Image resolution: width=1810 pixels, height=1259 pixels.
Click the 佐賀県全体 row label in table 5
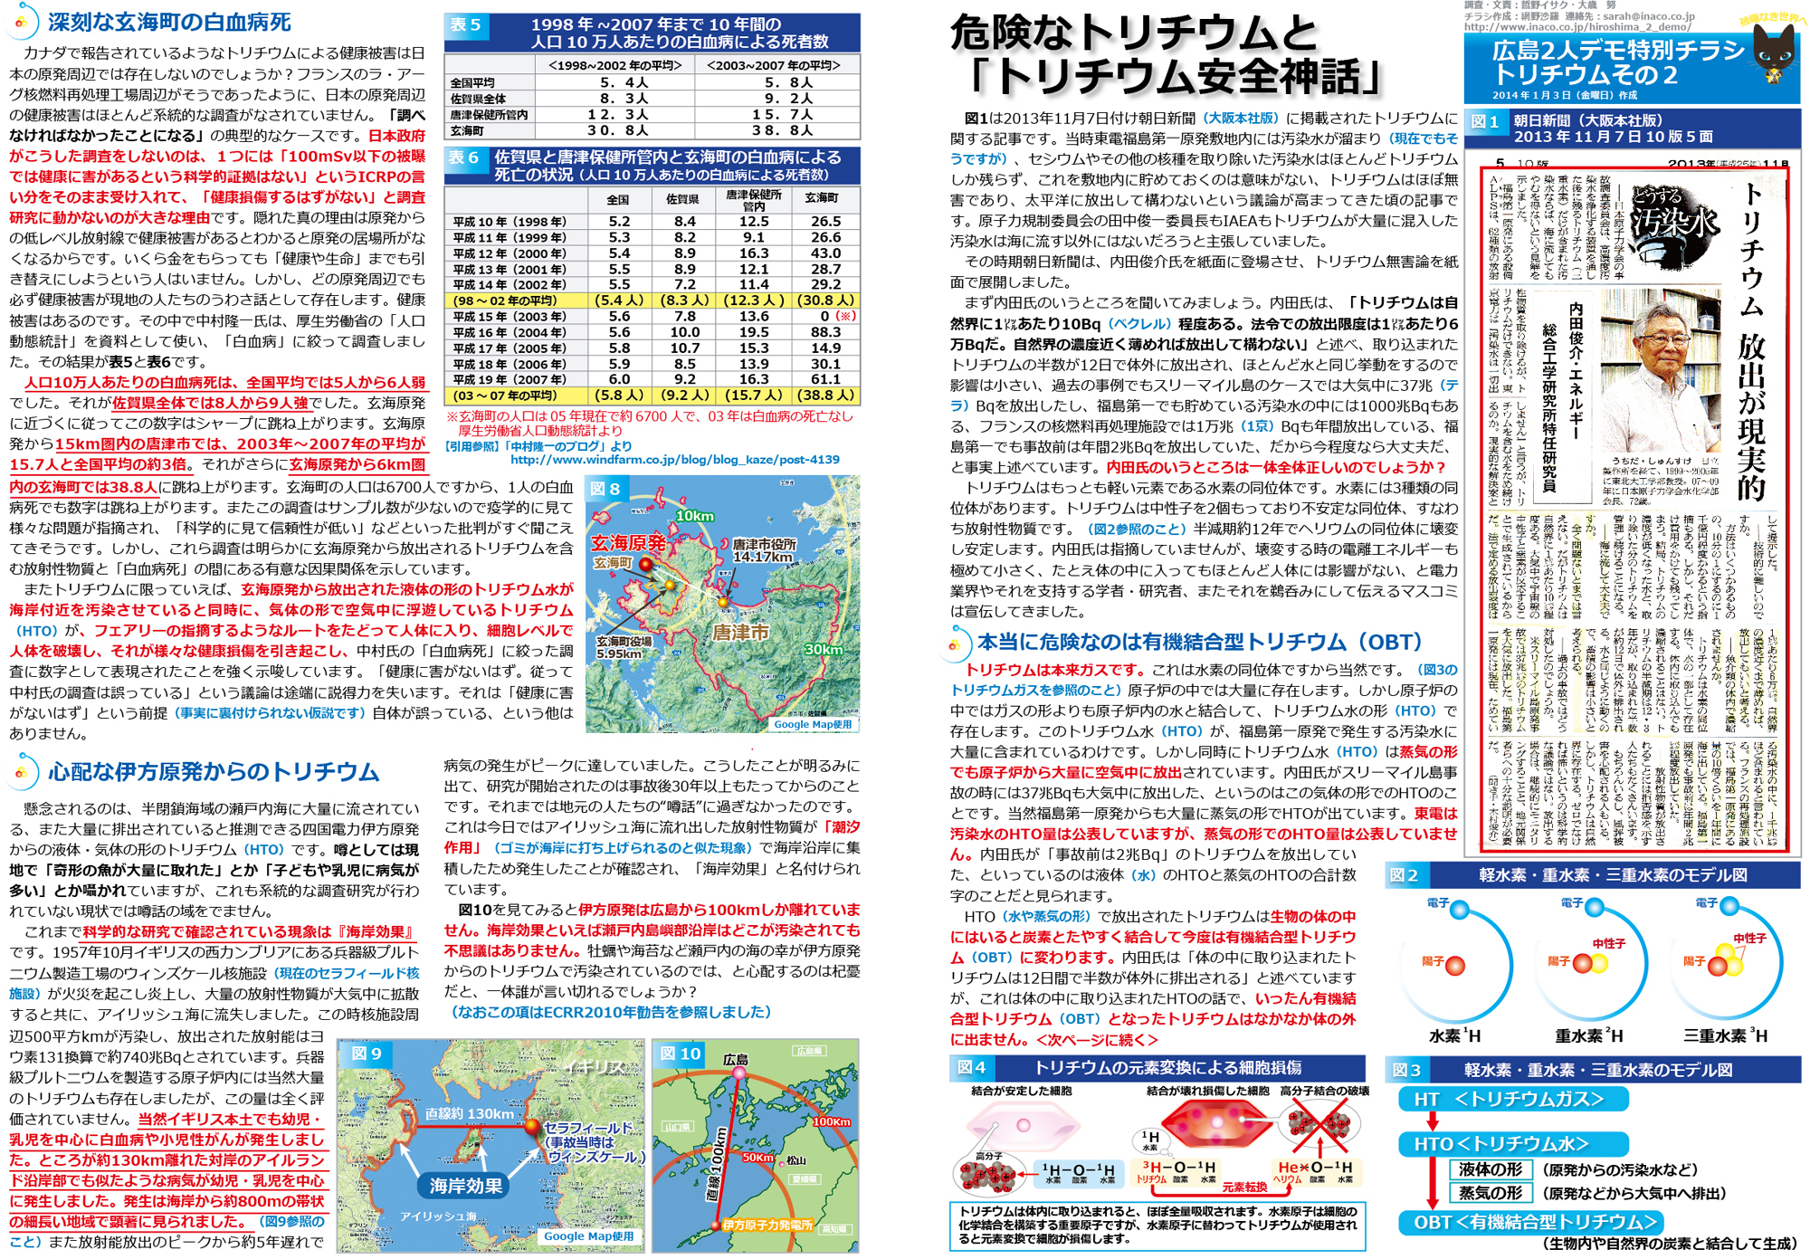(x=479, y=99)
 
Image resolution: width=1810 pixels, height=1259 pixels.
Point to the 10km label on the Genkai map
(x=695, y=516)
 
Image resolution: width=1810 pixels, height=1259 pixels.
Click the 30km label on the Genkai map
(x=824, y=649)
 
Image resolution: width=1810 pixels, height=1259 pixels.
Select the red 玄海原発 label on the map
(x=628, y=542)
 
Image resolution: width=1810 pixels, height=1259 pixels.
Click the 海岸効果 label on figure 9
(x=466, y=1186)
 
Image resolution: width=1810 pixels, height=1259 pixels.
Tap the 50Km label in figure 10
(x=757, y=1158)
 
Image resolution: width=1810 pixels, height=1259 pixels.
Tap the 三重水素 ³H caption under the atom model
(x=1725, y=1035)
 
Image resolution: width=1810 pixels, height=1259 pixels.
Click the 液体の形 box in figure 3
(x=1490, y=1169)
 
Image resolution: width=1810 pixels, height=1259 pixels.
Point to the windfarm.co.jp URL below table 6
(x=675, y=460)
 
